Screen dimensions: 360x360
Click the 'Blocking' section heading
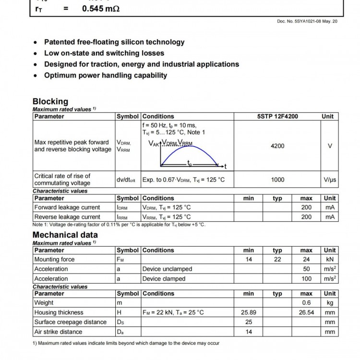pos(50,101)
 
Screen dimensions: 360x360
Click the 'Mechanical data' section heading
pos(65,235)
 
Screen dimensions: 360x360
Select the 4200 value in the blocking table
pos(277,146)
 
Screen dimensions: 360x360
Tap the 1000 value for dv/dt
pos(277,180)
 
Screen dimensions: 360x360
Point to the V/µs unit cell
pos(330,180)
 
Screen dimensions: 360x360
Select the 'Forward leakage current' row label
pos(67,207)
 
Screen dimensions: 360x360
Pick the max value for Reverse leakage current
pos(306,217)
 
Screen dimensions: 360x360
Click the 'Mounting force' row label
pos(54,259)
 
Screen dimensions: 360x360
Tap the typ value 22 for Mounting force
pos(277,259)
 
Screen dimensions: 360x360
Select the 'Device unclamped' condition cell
pos(167,269)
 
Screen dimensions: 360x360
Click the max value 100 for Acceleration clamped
pos(306,278)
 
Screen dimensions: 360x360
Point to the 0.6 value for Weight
pos(306,302)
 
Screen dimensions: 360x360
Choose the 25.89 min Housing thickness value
pos(249,312)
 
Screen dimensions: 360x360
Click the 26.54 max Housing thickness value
pos(306,312)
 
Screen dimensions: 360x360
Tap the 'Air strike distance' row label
pos(58,332)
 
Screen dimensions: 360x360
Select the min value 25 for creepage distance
pos(249,322)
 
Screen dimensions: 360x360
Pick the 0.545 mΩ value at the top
pos(100,8)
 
